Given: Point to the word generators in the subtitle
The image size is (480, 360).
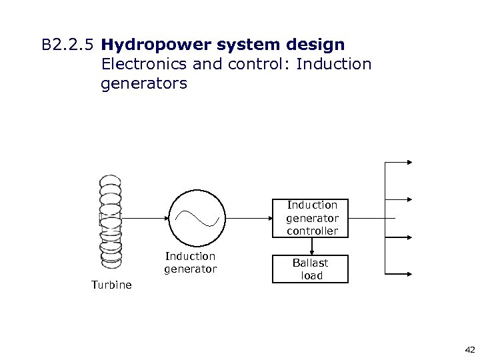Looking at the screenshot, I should (x=144, y=84).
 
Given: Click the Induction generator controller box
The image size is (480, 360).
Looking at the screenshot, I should (x=312, y=218).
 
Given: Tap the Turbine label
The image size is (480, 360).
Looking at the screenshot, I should (x=111, y=285).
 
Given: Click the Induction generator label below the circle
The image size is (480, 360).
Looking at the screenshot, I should (x=190, y=263).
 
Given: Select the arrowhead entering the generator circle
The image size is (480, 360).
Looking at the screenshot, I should (x=165, y=218).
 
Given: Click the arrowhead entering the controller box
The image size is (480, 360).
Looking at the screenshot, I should (x=269, y=218).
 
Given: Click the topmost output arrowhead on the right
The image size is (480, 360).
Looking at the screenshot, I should (x=409, y=162).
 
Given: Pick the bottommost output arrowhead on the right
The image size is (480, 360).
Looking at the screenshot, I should (x=409, y=274).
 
